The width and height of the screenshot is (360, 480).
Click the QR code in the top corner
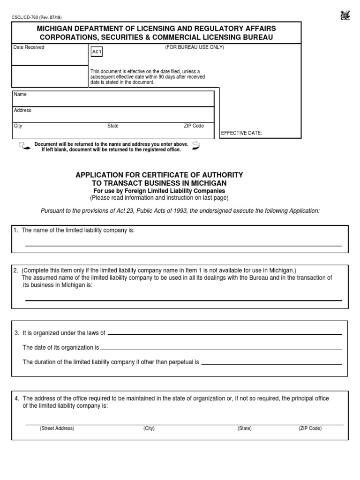[x=345, y=16]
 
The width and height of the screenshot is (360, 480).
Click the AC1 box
[x=96, y=52]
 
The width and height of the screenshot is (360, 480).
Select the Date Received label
[x=29, y=47]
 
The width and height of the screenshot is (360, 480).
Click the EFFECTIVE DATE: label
[x=241, y=133]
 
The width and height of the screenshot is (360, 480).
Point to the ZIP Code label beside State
[x=194, y=126]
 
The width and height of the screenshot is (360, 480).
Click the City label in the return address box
[x=18, y=126]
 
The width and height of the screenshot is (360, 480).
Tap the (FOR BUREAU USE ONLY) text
[x=194, y=47]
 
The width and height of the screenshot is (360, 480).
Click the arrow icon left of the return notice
[x=23, y=146]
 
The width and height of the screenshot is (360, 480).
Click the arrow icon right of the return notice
[x=196, y=146]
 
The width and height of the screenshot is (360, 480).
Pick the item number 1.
[x=15, y=230]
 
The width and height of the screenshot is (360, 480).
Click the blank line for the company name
[x=183, y=245]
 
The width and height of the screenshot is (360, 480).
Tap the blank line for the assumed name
[x=183, y=300]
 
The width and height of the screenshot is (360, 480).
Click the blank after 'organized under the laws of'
[x=225, y=334]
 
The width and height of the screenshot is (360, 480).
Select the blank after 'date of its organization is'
[x=221, y=349]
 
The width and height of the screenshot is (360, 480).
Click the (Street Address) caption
[x=57, y=428]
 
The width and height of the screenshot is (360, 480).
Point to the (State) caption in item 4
[x=244, y=428]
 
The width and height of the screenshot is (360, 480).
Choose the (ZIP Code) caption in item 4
[x=310, y=428]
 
